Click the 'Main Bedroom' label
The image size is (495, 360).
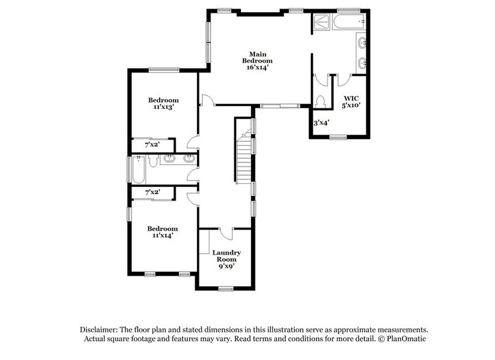point(256,57)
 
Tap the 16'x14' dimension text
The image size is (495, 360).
point(256,67)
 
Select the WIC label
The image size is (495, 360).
point(351,97)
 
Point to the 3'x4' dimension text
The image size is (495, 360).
point(321,122)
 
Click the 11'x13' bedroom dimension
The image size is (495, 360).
point(163,107)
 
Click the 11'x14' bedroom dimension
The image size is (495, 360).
point(163,234)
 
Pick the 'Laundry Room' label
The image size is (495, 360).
point(226,256)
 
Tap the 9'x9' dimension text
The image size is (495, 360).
point(226,266)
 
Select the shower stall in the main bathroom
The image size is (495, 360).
point(321,22)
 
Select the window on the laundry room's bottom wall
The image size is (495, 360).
point(226,288)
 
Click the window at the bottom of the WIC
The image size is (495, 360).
point(338,137)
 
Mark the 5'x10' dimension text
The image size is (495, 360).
point(351,105)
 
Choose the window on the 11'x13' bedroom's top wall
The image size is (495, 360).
point(163,69)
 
